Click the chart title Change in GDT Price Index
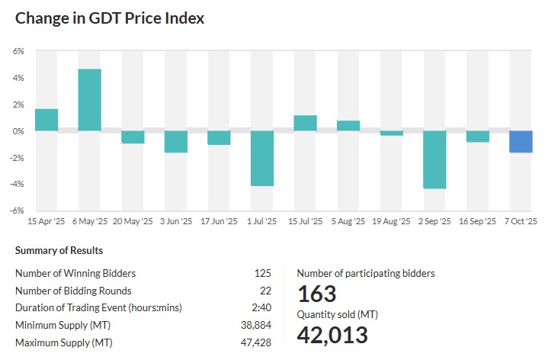click(110, 18)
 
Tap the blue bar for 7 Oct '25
click(521, 142)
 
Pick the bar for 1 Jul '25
click(262, 159)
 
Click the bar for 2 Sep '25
click(435, 160)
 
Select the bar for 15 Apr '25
click(46, 120)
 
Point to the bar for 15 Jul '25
click(305, 124)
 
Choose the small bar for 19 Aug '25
click(392, 133)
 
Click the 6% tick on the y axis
click(18, 51)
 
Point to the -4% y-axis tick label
click(18, 184)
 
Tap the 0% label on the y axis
click(18, 131)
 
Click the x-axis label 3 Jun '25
click(175, 221)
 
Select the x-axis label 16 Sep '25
click(478, 221)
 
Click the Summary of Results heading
click(59, 250)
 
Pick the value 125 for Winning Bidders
click(263, 273)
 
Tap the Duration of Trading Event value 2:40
click(261, 307)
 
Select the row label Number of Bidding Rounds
click(73, 291)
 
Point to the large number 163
click(316, 294)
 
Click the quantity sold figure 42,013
click(332, 335)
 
